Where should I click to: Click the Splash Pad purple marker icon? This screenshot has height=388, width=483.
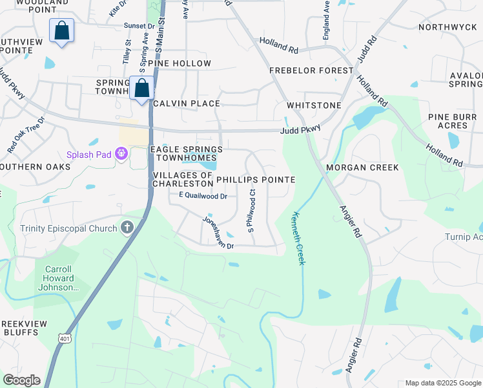(120, 154)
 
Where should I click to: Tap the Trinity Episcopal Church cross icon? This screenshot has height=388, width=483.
(127, 228)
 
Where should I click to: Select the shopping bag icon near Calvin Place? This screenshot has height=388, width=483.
(141, 88)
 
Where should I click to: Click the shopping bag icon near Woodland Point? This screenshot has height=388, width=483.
(61, 30)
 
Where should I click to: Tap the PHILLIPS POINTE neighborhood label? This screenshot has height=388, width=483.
(255, 180)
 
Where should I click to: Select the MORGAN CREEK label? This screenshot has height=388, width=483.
(362, 167)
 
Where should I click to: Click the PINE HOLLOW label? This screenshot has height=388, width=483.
(180, 63)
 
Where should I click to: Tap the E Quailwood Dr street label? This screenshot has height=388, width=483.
(203, 196)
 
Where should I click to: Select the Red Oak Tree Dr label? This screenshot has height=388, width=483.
(26, 135)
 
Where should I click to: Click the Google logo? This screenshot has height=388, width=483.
(21, 380)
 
